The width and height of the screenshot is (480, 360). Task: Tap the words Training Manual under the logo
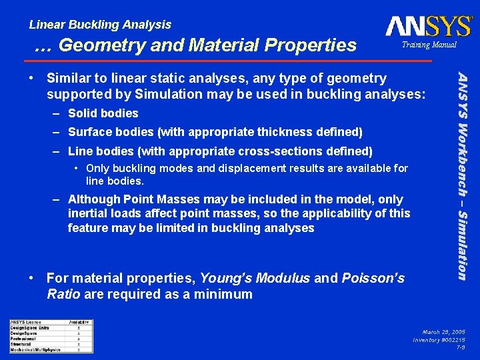coord(429,45)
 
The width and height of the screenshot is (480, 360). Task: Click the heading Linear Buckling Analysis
coord(100,25)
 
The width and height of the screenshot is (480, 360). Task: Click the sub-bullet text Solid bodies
coord(103,113)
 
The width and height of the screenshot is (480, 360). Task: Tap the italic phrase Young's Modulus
coord(255,279)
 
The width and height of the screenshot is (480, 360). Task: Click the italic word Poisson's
coord(373,279)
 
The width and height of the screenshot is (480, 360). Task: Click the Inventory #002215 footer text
coord(439,339)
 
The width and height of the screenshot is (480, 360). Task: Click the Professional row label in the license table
coord(23,339)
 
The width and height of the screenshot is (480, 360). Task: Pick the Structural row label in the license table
coord(21,344)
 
